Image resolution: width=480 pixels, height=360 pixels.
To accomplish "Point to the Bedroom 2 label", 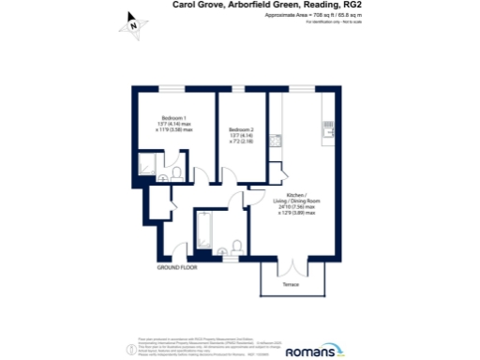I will [242, 129].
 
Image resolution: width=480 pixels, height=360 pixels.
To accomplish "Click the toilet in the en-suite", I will [166, 176].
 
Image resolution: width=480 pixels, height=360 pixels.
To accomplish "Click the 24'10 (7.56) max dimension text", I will [304, 207].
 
